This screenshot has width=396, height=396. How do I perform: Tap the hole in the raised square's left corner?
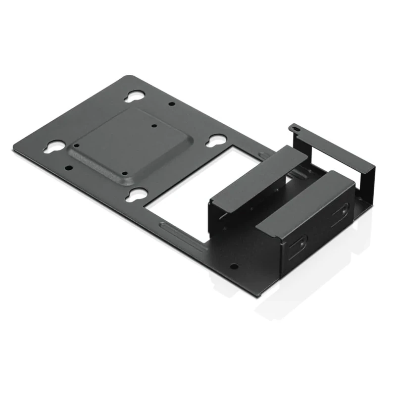[76, 145]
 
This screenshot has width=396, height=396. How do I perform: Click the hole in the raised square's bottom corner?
[125, 173]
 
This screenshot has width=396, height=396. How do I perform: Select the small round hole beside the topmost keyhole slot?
[171, 104]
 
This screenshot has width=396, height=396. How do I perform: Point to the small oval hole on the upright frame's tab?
[296, 128]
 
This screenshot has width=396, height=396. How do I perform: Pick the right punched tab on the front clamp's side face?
[340, 211]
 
